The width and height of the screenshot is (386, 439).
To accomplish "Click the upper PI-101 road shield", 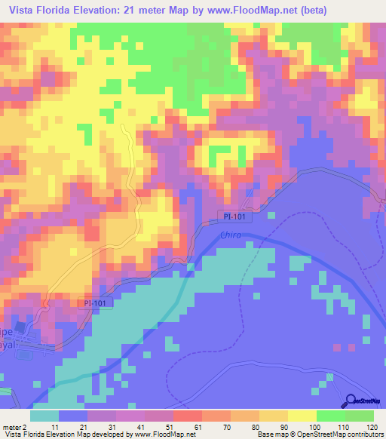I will click(x=235, y=216).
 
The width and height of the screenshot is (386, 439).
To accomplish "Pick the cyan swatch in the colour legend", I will click(x=44, y=416).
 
